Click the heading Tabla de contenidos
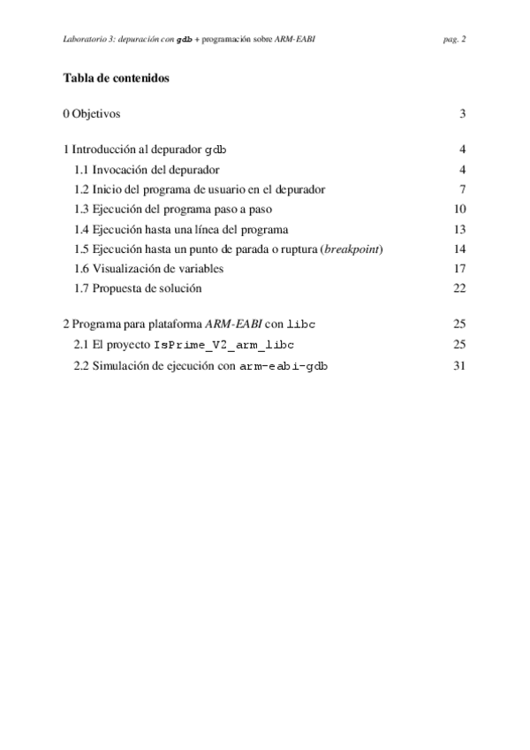(116, 78)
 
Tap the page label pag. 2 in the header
(455, 39)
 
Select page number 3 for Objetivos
(462, 114)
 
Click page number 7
(462, 189)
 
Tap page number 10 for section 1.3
(459, 210)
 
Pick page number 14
(459, 249)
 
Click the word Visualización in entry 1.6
(129, 268)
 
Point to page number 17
(459, 268)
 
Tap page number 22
(459, 287)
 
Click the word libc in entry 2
(301, 325)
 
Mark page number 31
(459, 364)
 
